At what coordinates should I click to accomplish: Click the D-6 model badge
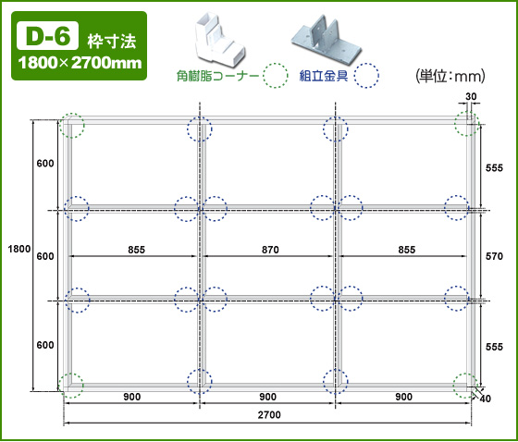pyautogui.click(x=47, y=36)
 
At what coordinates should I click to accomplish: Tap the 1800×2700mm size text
pyautogui.click(x=80, y=63)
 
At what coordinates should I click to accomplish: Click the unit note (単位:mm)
pyautogui.click(x=450, y=77)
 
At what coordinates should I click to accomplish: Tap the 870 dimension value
pyautogui.click(x=270, y=250)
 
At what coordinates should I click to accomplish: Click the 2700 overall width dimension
pyautogui.click(x=269, y=415)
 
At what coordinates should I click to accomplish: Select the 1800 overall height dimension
pyautogui.click(x=19, y=249)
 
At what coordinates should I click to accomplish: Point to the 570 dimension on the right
pyautogui.click(x=494, y=256)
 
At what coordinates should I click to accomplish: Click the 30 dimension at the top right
pyautogui.click(x=471, y=96)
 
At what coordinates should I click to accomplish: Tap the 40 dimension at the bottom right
pyautogui.click(x=485, y=399)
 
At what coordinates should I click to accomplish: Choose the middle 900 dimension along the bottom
pyautogui.click(x=267, y=397)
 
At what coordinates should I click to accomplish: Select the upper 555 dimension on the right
pyautogui.click(x=494, y=167)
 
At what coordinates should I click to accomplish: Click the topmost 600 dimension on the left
pyautogui.click(x=45, y=163)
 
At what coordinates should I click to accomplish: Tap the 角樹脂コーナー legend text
pyautogui.click(x=217, y=77)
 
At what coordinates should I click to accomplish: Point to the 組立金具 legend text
pyautogui.click(x=324, y=76)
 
